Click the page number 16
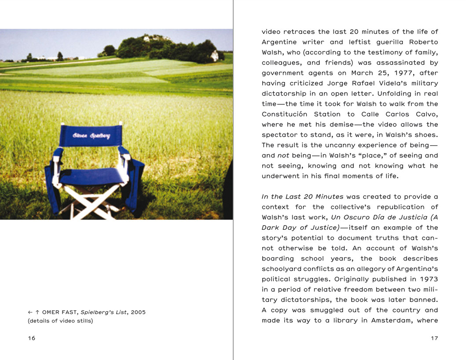click(31, 338)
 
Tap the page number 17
click(434, 338)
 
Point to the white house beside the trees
click(214, 56)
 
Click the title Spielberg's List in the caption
click(105, 312)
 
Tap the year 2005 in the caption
click(138, 312)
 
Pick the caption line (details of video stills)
click(60, 321)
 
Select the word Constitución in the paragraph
click(286, 114)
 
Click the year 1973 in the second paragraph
click(429, 279)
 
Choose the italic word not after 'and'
click(283, 156)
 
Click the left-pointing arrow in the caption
click(30, 312)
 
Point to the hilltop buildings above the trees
click(154, 38)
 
